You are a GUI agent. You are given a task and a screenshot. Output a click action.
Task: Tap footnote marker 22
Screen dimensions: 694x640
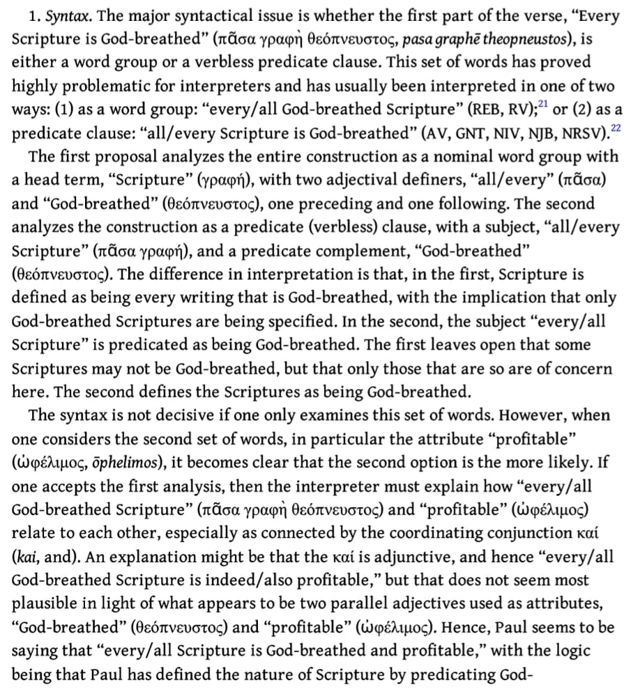616,128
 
